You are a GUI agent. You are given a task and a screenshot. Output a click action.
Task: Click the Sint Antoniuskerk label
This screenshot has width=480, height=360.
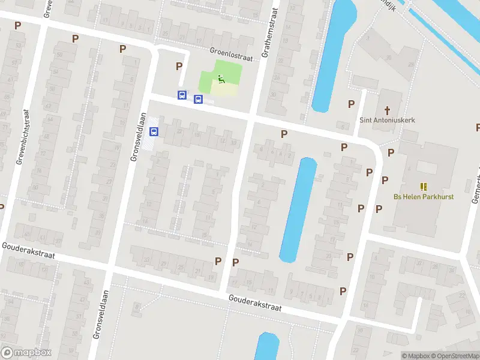(387, 119)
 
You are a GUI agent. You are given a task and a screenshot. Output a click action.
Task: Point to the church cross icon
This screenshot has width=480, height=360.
(387, 110)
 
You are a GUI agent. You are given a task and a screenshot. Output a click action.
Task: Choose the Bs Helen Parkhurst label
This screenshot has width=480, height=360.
(423, 197)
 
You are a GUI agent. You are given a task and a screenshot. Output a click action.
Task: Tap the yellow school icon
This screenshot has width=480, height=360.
(424, 187)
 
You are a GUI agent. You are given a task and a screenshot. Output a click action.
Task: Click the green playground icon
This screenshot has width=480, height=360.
(221, 78)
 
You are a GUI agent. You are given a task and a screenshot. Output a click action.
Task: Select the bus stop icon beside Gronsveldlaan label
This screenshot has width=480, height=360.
(154, 131)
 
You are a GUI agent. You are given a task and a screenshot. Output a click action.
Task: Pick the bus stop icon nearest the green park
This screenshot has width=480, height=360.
(198, 98)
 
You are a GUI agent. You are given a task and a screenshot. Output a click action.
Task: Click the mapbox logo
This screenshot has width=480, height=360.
(26, 353)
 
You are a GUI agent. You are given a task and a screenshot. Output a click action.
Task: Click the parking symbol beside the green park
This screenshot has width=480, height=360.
(178, 66)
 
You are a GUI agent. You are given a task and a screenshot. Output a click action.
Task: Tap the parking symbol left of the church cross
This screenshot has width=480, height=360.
(351, 104)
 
